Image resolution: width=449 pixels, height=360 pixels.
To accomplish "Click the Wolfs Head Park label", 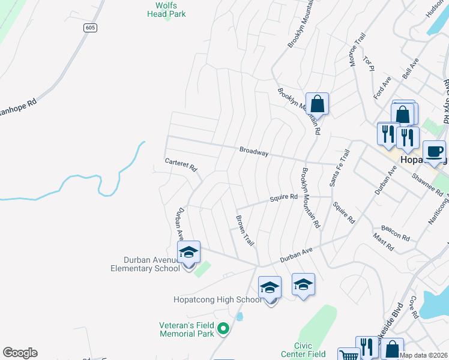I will tap(166, 10).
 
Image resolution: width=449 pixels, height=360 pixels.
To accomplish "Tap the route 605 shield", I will tap(90, 28).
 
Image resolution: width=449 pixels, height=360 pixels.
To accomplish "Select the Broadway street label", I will tap(253, 152).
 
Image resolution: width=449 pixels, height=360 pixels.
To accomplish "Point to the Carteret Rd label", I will tap(181, 165).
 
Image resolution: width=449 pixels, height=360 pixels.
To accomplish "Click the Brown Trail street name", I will tap(245, 230).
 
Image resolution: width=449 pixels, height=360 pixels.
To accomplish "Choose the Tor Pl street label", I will tap(369, 64).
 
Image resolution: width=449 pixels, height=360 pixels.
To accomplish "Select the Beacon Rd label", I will tap(395, 233).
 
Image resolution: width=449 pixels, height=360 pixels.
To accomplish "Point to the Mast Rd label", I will tap(383, 242).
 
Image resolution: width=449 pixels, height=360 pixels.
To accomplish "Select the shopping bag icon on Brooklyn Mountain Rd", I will tap(317, 103).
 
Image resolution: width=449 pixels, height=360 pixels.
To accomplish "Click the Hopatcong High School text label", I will tap(217, 299).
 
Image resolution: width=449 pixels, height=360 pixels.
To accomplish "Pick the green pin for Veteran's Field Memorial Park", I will tap(223, 328).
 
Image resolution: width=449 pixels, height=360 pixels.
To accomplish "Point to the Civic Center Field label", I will tap(310, 350).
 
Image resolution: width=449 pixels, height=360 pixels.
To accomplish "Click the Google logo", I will tap(20, 353).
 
